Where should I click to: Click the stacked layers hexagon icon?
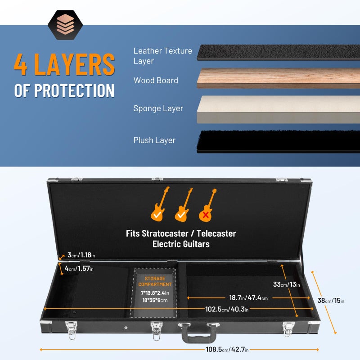tap(65, 25)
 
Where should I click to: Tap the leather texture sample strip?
tap(278, 53)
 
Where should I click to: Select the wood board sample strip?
tap(278, 78)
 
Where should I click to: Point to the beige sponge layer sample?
tap(278, 109)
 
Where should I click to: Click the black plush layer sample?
tap(278, 141)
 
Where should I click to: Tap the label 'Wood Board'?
tap(156, 81)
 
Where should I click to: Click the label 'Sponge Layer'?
tap(158, 108)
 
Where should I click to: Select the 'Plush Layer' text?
tap(154, 140)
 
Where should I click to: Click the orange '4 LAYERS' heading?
tap(64, 64)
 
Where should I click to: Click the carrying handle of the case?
tap(199, 333)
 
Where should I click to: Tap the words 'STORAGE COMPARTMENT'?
tap(155, 281)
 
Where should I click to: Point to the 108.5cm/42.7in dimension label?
tap(227, 350)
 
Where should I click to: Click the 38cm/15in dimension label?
tap(331, 300)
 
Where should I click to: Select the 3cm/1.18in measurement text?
tap(81, 255)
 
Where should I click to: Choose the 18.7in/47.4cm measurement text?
tap(248, 298)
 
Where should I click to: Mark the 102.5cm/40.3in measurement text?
tap(227, 309)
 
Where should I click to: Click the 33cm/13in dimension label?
tap(286, 284)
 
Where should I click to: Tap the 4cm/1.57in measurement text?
tap(79, 268)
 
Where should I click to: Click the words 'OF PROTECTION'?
tap(64, 90)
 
